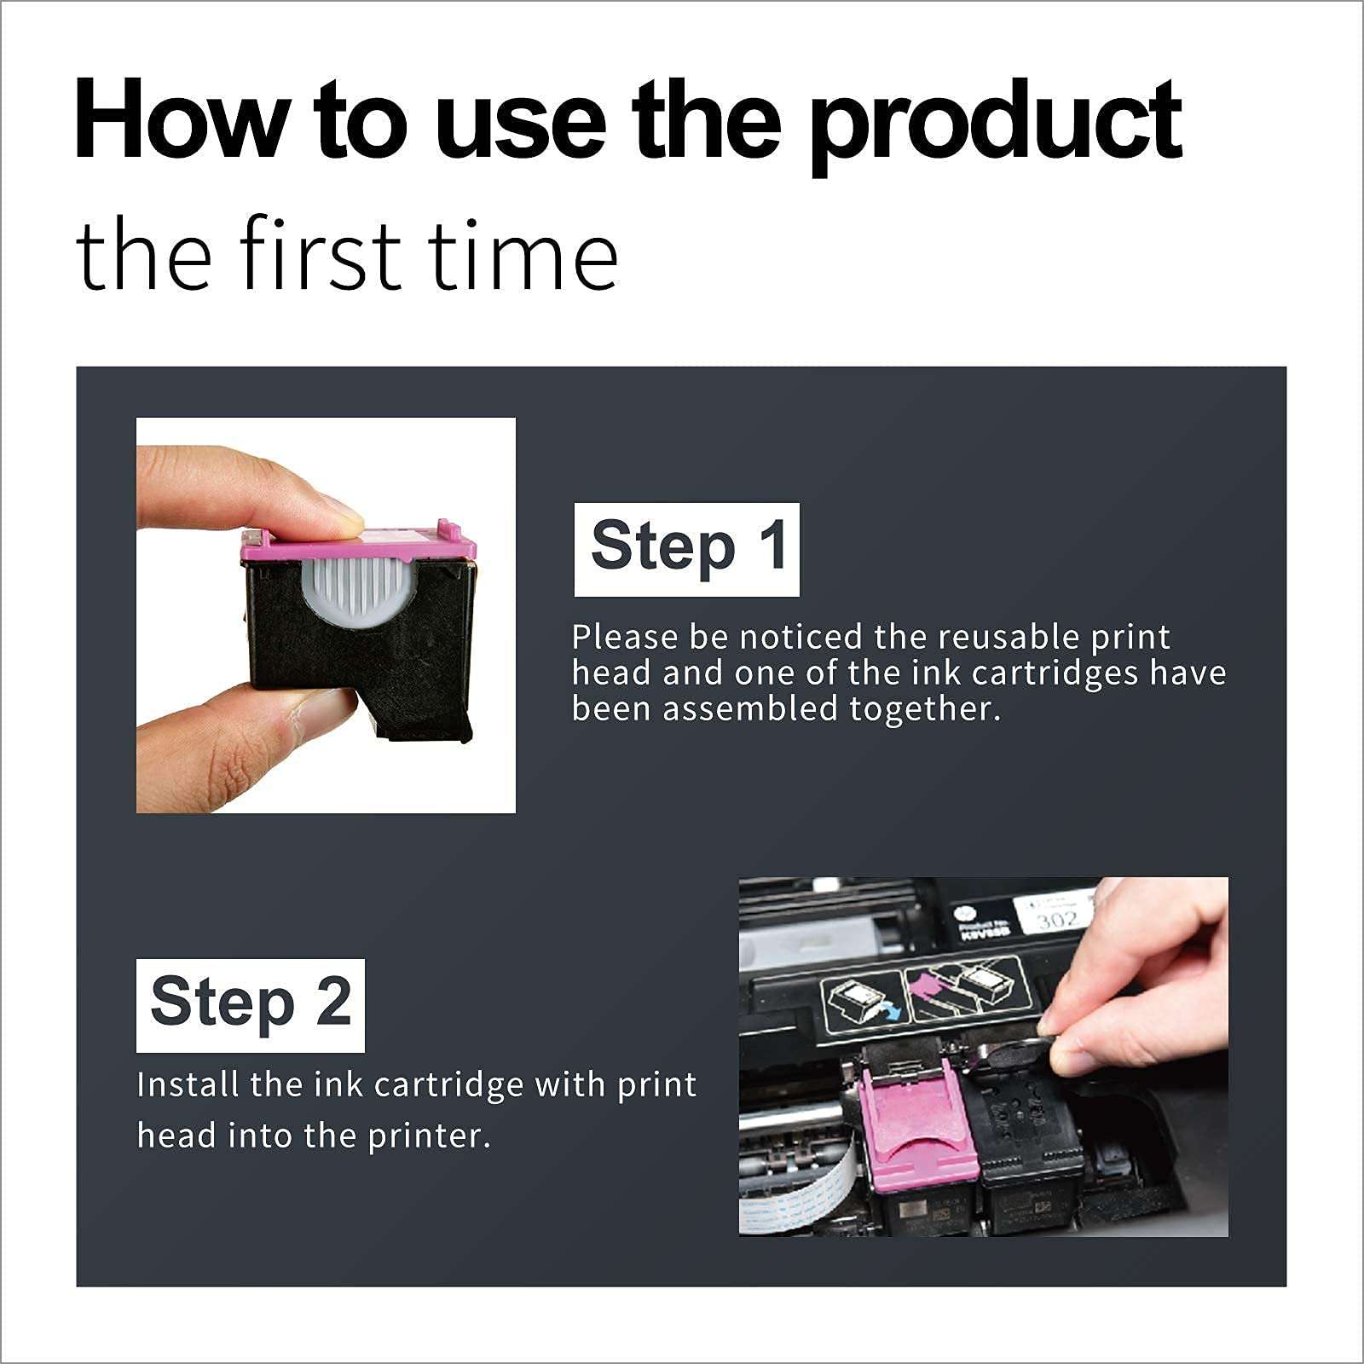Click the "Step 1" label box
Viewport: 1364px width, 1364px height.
686,548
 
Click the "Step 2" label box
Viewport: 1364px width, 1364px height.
250,1004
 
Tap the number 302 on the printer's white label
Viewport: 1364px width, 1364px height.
1057,920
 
